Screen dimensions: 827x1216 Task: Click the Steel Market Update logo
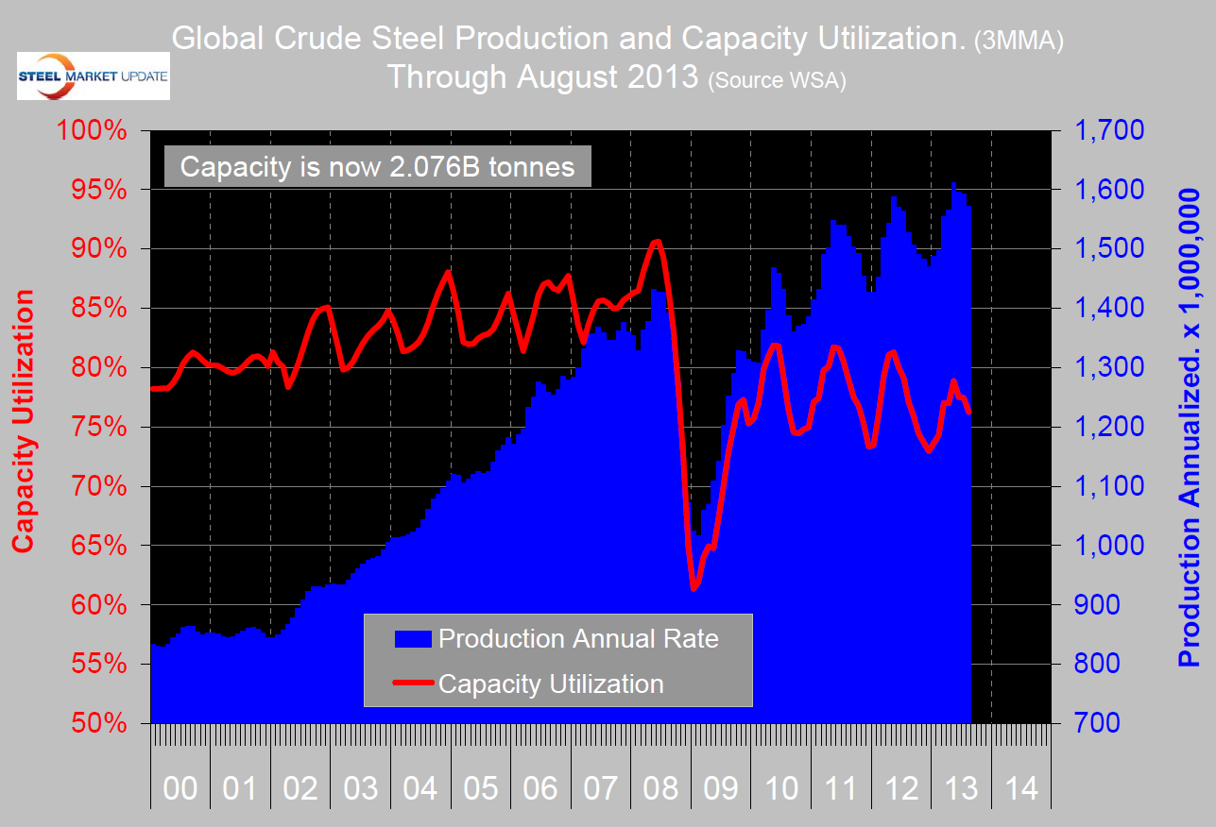click(x=93, y=76)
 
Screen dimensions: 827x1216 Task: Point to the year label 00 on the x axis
click(x=180, y=788)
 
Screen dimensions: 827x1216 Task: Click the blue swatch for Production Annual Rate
click(x=413, y=639)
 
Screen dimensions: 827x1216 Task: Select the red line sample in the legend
click(x=413, y=683)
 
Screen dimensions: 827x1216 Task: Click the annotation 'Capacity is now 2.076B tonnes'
click(x=378, y=167)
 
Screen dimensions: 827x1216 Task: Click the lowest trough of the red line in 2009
click(x=694, y=589)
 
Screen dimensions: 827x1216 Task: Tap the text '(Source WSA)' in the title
click(x=777, y=81)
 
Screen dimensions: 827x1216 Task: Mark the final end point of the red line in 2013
click(x=969, y=413)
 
